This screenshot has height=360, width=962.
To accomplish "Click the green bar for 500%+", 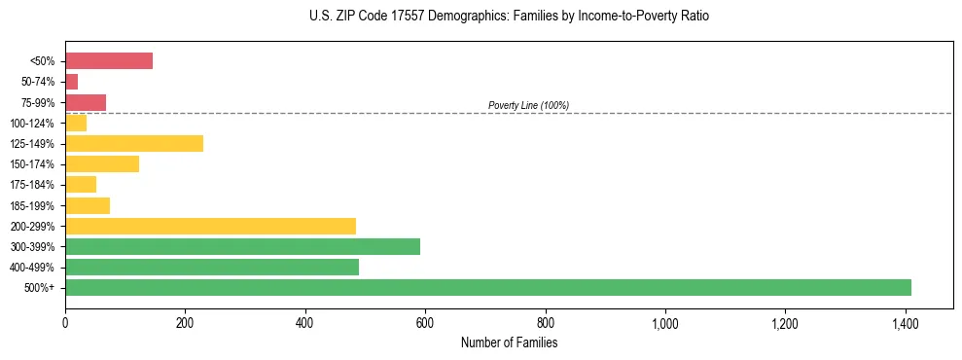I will (487, 287).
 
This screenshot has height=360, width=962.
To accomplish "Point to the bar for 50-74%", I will (72, 82).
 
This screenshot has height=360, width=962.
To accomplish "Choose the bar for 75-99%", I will (86, 102).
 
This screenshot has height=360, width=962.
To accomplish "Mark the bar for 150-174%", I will (102, 163).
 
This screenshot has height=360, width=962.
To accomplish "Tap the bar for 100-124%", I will (76, 123).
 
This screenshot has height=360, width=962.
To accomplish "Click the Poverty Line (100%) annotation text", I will (528, 105).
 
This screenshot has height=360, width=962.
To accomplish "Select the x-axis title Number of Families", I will (509, 342).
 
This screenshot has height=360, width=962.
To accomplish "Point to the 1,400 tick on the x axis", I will (905, 322).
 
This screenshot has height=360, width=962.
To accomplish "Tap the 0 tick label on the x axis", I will (65, 322).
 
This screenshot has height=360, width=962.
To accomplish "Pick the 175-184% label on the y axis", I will (32, 185).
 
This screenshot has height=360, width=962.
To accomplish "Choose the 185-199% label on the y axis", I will (32, 205).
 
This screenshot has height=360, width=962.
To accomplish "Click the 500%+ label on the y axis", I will (41, 288).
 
